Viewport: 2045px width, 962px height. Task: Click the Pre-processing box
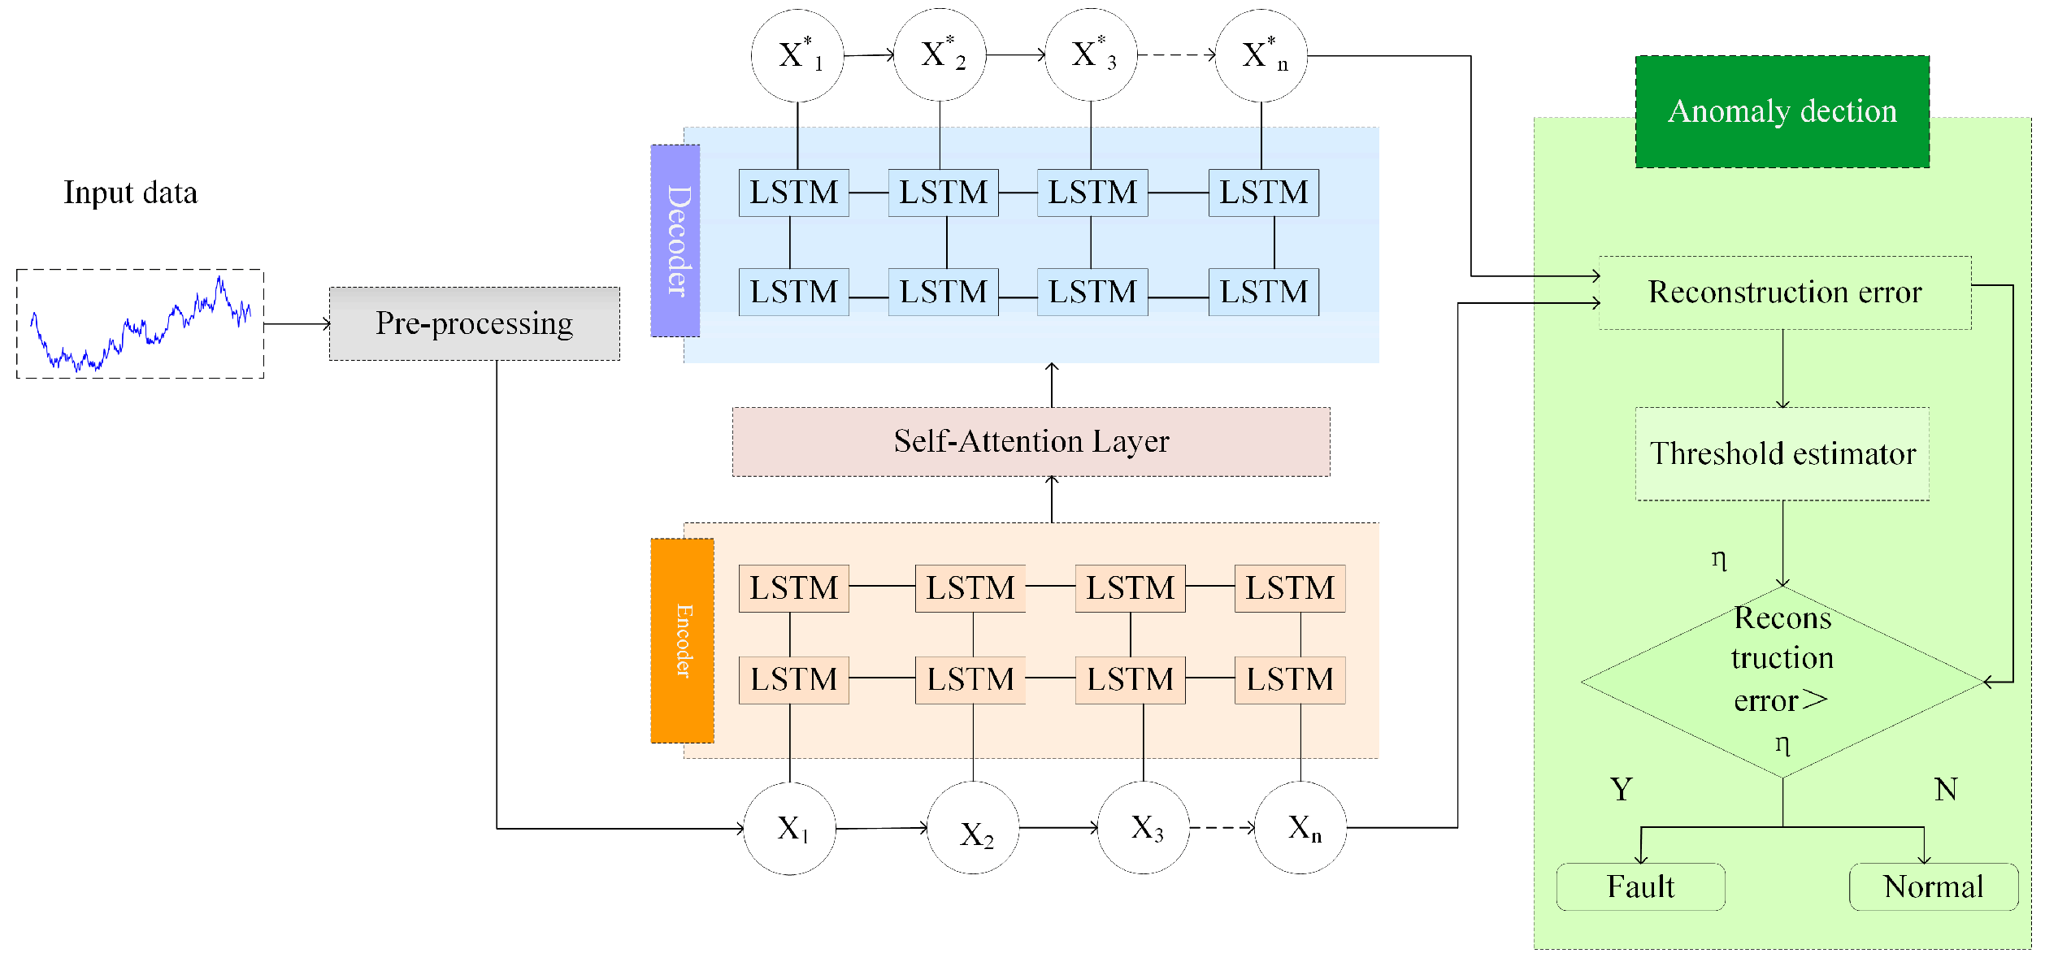point(474,323)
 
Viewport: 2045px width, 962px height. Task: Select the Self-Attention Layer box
point(1031,441)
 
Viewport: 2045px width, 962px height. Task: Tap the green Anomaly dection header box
point(1782,111)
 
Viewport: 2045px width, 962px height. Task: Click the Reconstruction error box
point(1784,292)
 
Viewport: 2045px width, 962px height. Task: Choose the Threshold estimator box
point(1782,453)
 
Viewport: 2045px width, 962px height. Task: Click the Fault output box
point(1640,886)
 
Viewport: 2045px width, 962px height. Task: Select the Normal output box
point(1933,886)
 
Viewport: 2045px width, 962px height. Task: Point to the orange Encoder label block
point(682,640)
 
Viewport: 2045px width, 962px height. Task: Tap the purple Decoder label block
point(675,240)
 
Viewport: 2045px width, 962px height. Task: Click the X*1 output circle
point(797,55)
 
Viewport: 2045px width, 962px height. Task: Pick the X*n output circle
point(1261,55)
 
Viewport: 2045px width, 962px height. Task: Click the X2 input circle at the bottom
point(973,828)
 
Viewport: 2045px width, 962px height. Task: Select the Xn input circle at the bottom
point(1300,828)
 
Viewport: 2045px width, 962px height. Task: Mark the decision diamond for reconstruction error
point(1782,681)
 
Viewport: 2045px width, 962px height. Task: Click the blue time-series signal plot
point(140,323)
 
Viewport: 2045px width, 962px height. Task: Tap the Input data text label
point(130,193)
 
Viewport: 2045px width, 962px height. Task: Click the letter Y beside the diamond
point(1621,789)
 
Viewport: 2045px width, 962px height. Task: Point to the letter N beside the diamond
point(1946,789)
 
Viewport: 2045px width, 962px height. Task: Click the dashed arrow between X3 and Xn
point(1222,828)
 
